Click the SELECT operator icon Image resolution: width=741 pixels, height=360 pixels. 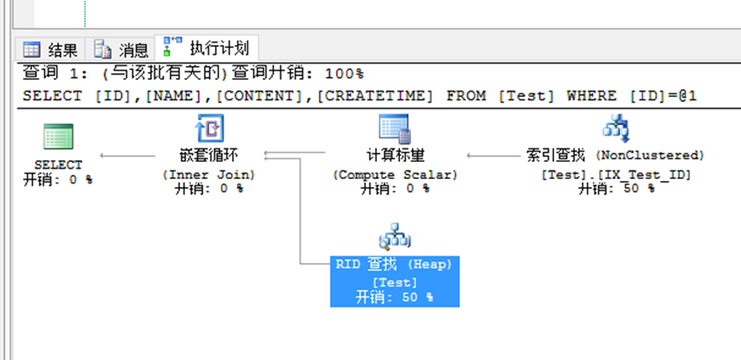[58, 137]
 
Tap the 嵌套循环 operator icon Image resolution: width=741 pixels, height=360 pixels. [210, 130]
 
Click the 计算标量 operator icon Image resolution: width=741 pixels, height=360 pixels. [395, 129]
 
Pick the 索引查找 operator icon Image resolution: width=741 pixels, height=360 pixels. [616, 129]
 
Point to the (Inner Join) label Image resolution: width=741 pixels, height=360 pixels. [210, 175]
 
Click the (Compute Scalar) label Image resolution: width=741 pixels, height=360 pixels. [395, 175]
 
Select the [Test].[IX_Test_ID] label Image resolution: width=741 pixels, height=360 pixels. [616, 174]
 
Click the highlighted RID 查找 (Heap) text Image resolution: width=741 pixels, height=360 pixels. [395, 265]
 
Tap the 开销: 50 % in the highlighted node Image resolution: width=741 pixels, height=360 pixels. [395, 297]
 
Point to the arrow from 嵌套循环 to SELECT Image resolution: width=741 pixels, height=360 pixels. [128, 156]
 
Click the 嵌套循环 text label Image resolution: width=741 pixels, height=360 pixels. [210, 156]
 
